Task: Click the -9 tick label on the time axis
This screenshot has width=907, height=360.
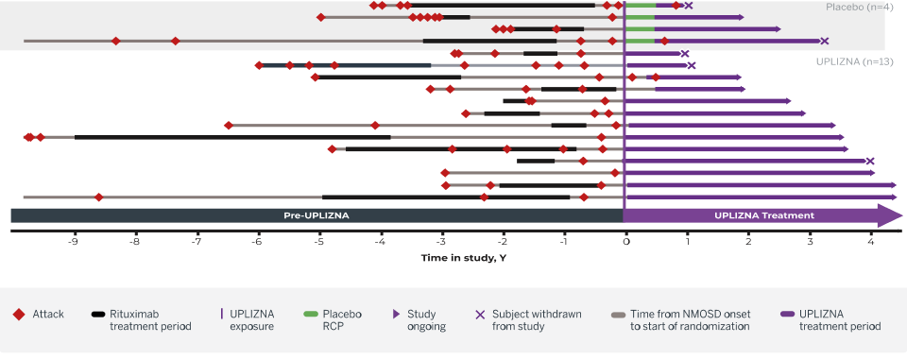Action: pyautogui.click(x=73, y=241)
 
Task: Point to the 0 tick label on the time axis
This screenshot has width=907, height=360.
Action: pyautogui.click(x=625, y=241)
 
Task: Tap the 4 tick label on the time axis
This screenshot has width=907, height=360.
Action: pyautogui.click(x=870, y=241)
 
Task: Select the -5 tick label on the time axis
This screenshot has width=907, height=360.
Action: pyautogui.click(x=318, y=241)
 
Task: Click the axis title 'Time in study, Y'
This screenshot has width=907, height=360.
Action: pyautogui.click(x=464, y=257)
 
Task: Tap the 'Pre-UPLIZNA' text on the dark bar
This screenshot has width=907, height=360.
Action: pyautogui.click(x=317, y=215)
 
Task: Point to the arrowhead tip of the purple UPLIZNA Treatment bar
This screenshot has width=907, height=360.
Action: pyautogui.click(x=901, y=215)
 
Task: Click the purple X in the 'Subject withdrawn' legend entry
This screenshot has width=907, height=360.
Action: pyautogui.click(x=480, y=314)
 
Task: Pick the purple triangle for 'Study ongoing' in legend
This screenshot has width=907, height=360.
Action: pyautogui.click(x=395, y=314)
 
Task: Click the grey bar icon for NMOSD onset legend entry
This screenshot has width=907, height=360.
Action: pyautogui.click(x=618, y=314)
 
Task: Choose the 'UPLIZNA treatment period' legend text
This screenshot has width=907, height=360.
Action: pyautogui.click(x=840, y=319)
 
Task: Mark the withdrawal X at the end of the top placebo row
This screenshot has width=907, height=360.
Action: pyautogui.click(x=689, y=6)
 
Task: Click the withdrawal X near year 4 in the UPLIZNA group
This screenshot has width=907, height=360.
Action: pyautogui.click(x=870, y=161)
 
